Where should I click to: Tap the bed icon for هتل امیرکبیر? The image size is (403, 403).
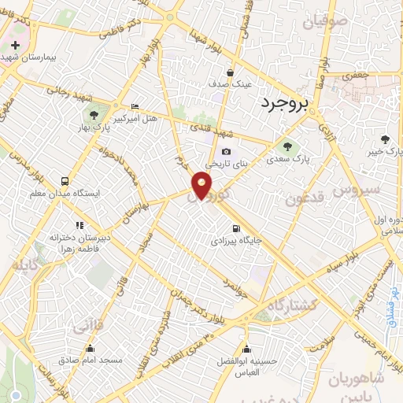[x=135, y=106]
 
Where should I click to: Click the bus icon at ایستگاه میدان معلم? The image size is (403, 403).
[x=64, y=180]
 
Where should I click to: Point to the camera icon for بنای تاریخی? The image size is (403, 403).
[x=226, y=152]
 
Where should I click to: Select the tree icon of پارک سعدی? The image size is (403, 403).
[x=287, y=146]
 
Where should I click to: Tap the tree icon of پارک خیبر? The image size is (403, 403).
[x=385, y=138]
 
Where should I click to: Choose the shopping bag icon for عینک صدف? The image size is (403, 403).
[x=213, y=82]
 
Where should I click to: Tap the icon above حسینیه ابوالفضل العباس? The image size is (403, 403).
[x=247, y=350]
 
